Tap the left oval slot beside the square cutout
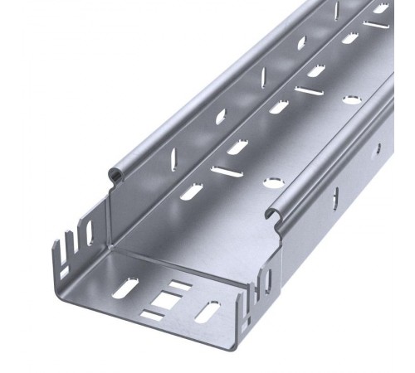point(125,291)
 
